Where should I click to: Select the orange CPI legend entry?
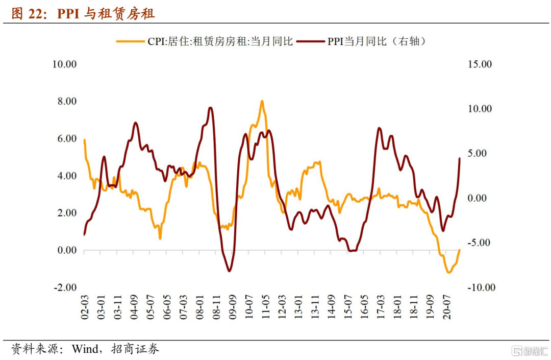click(x=204, y=41)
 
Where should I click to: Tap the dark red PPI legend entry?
click(x=362, y=41)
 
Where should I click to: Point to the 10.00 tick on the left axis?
click(x=64, y=64)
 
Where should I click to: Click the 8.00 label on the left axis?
click(x=66, y=102)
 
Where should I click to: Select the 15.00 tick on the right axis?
click(x=480, y=64)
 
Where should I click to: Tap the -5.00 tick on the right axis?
click(x=480, y=243)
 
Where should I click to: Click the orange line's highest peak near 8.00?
click(x=262, y=101)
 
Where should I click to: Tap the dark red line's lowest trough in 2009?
click(x=229, y=271)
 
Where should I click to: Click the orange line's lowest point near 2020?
click(x=448, y=273)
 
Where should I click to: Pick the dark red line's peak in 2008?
click(x=210, y=108)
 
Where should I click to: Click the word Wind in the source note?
click(x=84, y=349)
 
